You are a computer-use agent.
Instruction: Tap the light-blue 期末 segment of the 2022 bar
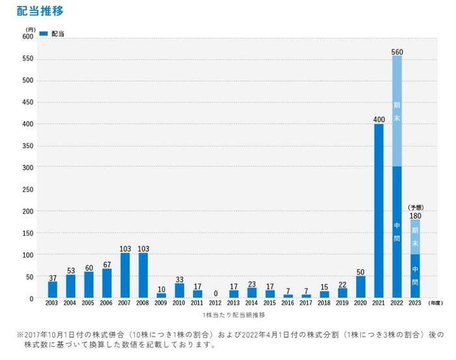[397, 111]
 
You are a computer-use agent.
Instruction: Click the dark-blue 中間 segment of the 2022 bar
[397, 232]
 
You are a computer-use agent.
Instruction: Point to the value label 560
[397, 51]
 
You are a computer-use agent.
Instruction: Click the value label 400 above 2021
[379, 119]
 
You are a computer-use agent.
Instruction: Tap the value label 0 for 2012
[216, 294]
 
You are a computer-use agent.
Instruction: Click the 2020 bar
[361, 287]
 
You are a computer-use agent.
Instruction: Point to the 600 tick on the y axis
[28, 37]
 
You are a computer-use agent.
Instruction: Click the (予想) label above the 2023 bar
[416, 207]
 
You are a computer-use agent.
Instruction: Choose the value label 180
[416, 215]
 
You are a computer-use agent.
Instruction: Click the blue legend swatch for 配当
[44, 33]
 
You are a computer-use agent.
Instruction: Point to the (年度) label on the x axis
[436, 303]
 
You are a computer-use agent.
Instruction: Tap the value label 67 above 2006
[107, 264]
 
